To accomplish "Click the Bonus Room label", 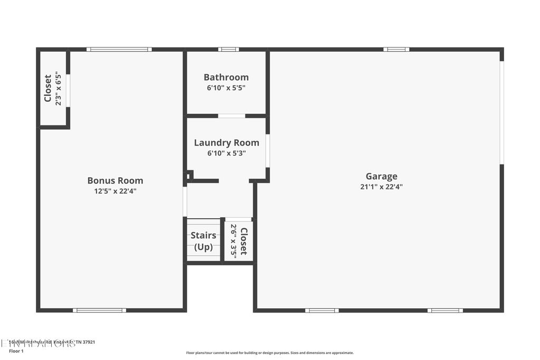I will (x=115, y=180).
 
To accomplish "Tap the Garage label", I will (x=381, y=176).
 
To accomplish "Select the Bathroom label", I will (x=226, y=77).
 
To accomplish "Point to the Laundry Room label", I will (x=226, y=142).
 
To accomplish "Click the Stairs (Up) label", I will (x=203, y=241).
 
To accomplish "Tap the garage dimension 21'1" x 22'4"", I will (x=381, y=187).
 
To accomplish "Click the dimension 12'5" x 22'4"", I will (x=115, y=191).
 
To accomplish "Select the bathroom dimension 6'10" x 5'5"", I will (x=226, y=88).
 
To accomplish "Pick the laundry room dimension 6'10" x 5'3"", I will (x=226, y=153).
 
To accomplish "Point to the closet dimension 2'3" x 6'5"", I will (x=58, y=89).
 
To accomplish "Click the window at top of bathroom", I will (x=228, y=50).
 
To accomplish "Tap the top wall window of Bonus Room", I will (x=119, y=50).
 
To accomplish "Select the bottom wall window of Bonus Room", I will (x=99, y=310).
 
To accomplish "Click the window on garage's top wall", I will (x=396, y=50).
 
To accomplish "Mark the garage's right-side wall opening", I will (x=502, y=113).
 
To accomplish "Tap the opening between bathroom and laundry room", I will (x=232, y=116).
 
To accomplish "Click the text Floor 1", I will (x=17, y=351).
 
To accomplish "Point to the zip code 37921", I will (x=89, y=343).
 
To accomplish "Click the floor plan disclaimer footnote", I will (x=269, y=353).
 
